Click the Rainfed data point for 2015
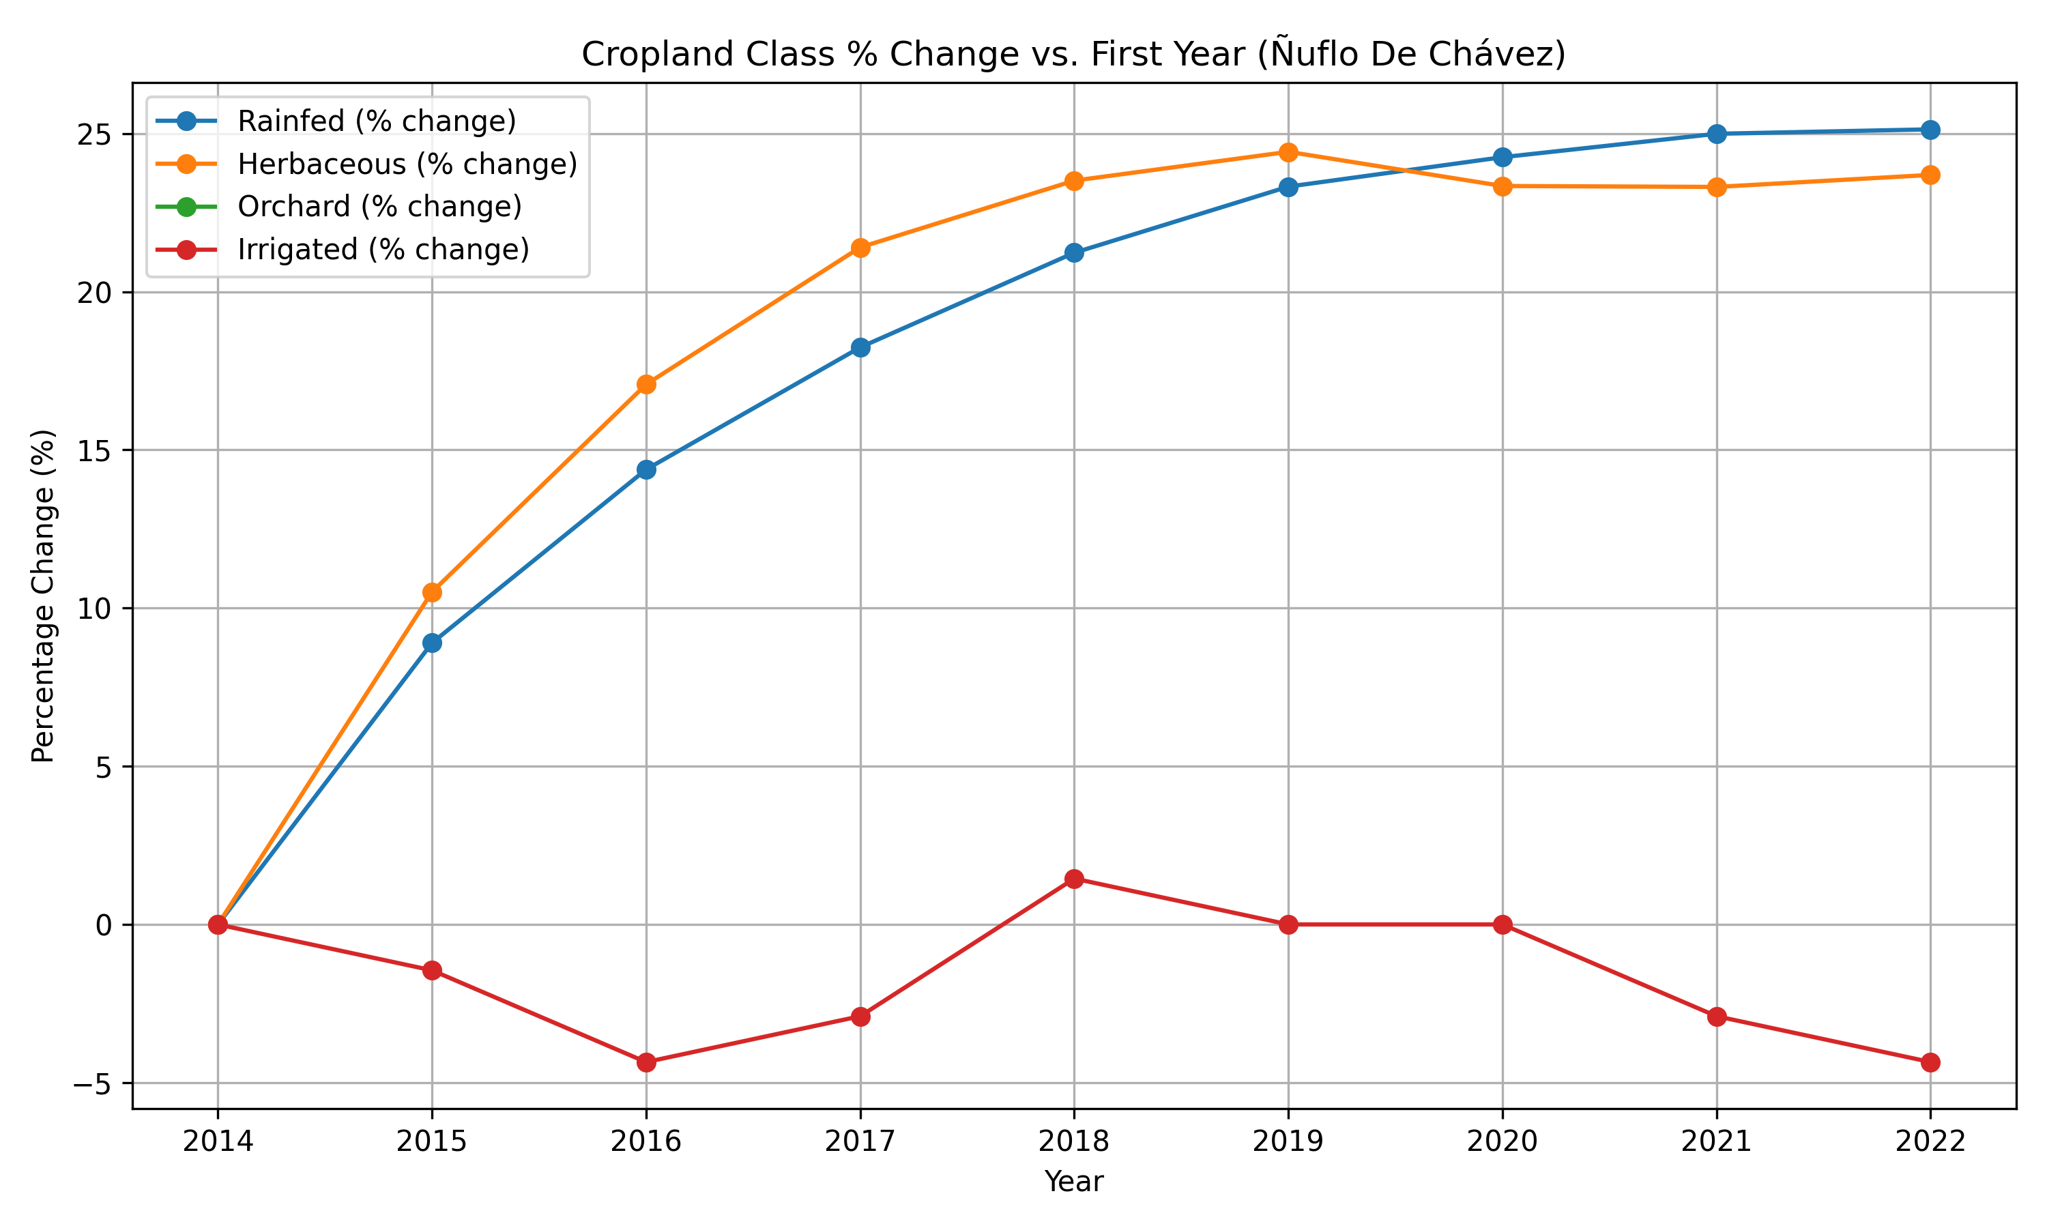432,643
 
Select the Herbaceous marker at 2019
1288,152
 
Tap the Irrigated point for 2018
1074,879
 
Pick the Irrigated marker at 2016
646,1062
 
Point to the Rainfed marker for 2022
1930,130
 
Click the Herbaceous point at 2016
646,384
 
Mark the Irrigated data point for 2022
1930,1062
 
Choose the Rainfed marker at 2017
860,347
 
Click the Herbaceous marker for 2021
1717,187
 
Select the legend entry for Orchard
340,207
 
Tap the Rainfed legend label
377,121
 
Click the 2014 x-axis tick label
218,1142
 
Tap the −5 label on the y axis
95,1083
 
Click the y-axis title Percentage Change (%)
43,596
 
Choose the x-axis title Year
1074,1182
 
